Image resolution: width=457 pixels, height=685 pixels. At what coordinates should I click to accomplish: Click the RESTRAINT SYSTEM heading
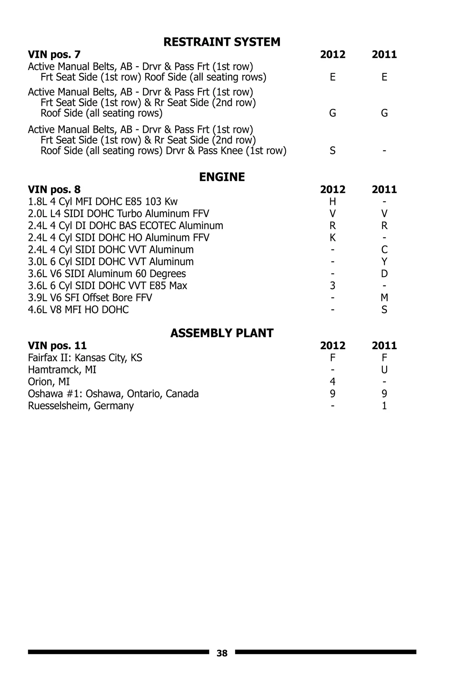coord(222,42)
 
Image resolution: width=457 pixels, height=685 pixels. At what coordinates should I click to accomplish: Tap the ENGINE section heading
coord(222,177)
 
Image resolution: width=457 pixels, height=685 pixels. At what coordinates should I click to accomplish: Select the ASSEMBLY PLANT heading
coord(222,333)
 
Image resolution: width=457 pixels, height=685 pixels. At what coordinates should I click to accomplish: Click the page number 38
coord(222,653)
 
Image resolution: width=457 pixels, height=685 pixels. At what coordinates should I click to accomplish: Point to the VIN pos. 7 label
coord(54,54)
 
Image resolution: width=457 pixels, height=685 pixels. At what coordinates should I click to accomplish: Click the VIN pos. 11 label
coord(57,346)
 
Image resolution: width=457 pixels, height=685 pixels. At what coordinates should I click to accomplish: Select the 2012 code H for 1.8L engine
coord(332,201)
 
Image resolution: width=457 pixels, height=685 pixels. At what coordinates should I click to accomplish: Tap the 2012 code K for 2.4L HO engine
coord(332,237)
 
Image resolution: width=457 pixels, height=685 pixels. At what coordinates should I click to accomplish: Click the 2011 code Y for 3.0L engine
coord(384,261)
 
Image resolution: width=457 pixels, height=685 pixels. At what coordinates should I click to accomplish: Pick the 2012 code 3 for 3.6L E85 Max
coord(332,285)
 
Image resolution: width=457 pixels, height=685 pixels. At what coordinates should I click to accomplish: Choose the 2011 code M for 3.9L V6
coord(384,298)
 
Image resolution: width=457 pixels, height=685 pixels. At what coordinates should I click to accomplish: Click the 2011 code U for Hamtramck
coord(384,370)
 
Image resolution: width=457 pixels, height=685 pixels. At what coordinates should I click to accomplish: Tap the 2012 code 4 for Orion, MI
coord(332,382)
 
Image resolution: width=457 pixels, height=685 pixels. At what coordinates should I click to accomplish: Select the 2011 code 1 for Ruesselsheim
coord(384,406)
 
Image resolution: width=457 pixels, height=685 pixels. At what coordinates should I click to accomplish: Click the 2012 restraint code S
coord(332,151)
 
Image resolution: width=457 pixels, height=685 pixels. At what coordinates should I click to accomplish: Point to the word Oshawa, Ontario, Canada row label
coord(113,393)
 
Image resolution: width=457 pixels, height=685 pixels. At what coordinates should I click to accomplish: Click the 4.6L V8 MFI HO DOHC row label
coord(78,310)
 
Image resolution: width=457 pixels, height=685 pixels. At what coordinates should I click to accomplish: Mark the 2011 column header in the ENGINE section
coord(384,190)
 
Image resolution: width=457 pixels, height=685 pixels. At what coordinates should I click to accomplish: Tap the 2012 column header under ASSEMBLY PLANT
coord(332,346)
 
